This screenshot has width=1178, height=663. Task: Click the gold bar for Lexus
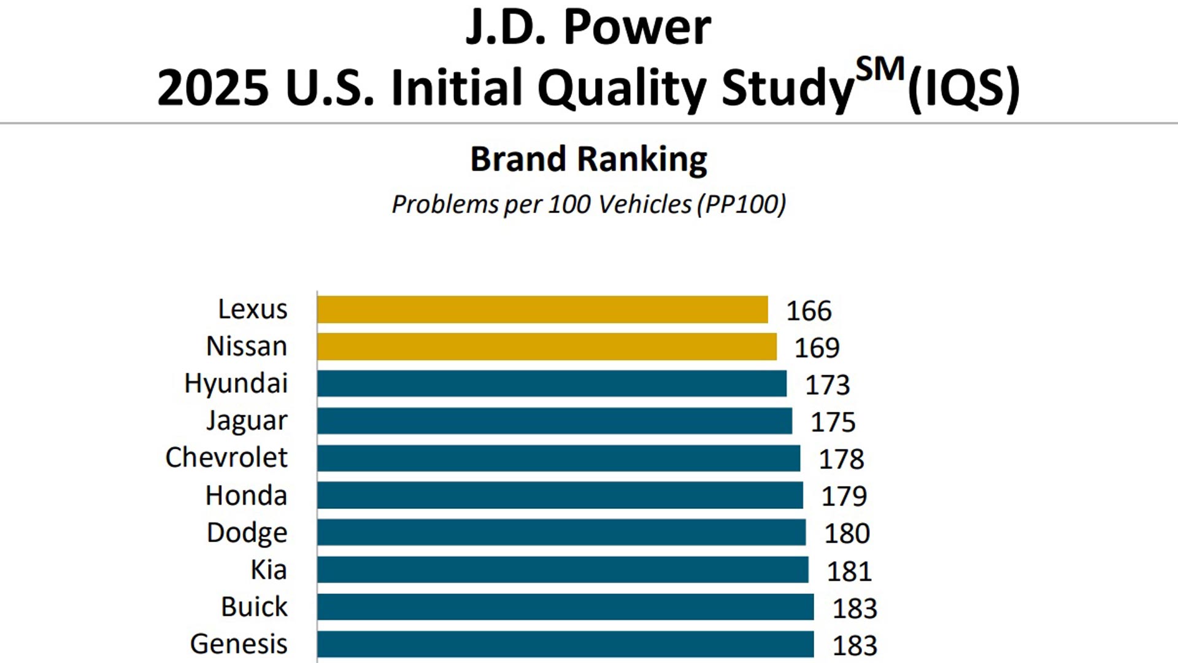tap(542, 309)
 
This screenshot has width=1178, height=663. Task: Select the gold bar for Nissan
tap(547, 347)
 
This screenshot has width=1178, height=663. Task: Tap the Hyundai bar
tap(552, 384)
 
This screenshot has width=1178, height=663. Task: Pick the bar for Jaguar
tap(555, 421)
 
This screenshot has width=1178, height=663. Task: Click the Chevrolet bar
tap(558, 459)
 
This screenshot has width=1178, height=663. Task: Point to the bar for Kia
tap(563, 570)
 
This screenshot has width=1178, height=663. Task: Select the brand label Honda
tap(246, 495)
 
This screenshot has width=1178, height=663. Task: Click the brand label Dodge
tap(247, 533)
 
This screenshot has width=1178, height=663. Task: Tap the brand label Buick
tap(254, 607)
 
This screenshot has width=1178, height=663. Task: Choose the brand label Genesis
tap(239, 644)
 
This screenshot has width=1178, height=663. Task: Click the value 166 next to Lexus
tap(809, 311)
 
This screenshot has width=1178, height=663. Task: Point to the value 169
tap(817, 348)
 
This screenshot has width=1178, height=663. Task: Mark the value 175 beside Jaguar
tap(833, 422)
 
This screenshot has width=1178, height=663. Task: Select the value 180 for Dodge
tap(847, 533)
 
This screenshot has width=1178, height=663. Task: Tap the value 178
tap(841, 459)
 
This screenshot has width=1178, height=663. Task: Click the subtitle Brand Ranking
tap(588, 160)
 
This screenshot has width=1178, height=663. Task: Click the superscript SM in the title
tap(880, 69)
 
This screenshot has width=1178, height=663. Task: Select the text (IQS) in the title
tap(963, 88)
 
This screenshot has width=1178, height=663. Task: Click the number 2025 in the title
tap(213, 88)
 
